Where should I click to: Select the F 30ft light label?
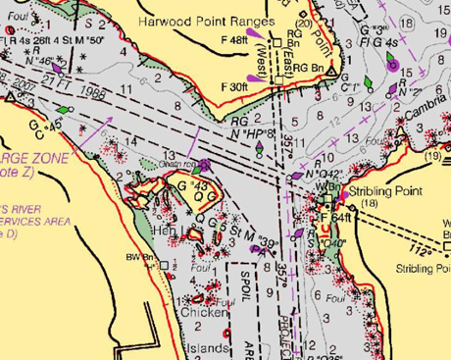pos(233,86)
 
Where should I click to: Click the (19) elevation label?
pos(432,156)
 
